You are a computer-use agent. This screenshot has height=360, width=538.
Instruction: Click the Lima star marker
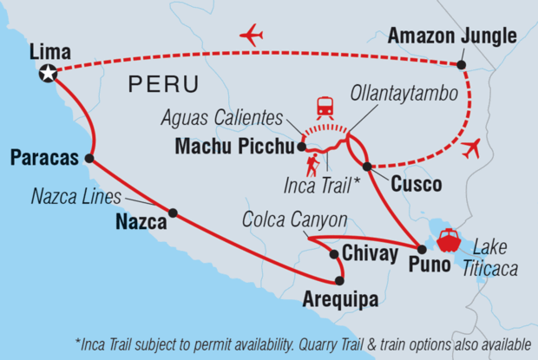pos(48,75)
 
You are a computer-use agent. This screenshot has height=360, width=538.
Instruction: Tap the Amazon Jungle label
pos(451,36)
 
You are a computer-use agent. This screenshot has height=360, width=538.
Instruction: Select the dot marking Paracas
pos(89,158)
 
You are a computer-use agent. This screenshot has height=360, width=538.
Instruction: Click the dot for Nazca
pos(173,213)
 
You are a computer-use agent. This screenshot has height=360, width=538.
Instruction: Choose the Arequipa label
pos(340,300)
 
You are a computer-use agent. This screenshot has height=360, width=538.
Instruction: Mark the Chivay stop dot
pos(334,254)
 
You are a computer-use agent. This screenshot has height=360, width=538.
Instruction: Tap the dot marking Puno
pos(422,249)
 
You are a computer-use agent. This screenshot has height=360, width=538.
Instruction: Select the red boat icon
pos(449,239)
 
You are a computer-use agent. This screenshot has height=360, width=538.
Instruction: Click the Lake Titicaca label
pos(495,258)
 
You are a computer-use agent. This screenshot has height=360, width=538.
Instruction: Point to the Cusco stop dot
pos(367,166)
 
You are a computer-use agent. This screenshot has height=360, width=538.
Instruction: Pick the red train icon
pos(325,108)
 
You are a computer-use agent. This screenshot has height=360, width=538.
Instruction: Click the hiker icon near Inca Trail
pos(313,165)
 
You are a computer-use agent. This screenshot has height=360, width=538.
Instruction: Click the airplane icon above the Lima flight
pos(251,36)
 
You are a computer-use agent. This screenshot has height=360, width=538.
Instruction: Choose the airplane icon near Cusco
pos(471,147)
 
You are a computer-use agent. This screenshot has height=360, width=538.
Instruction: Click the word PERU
pos(163,85)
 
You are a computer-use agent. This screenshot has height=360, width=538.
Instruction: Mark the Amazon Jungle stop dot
pos(461,65)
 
